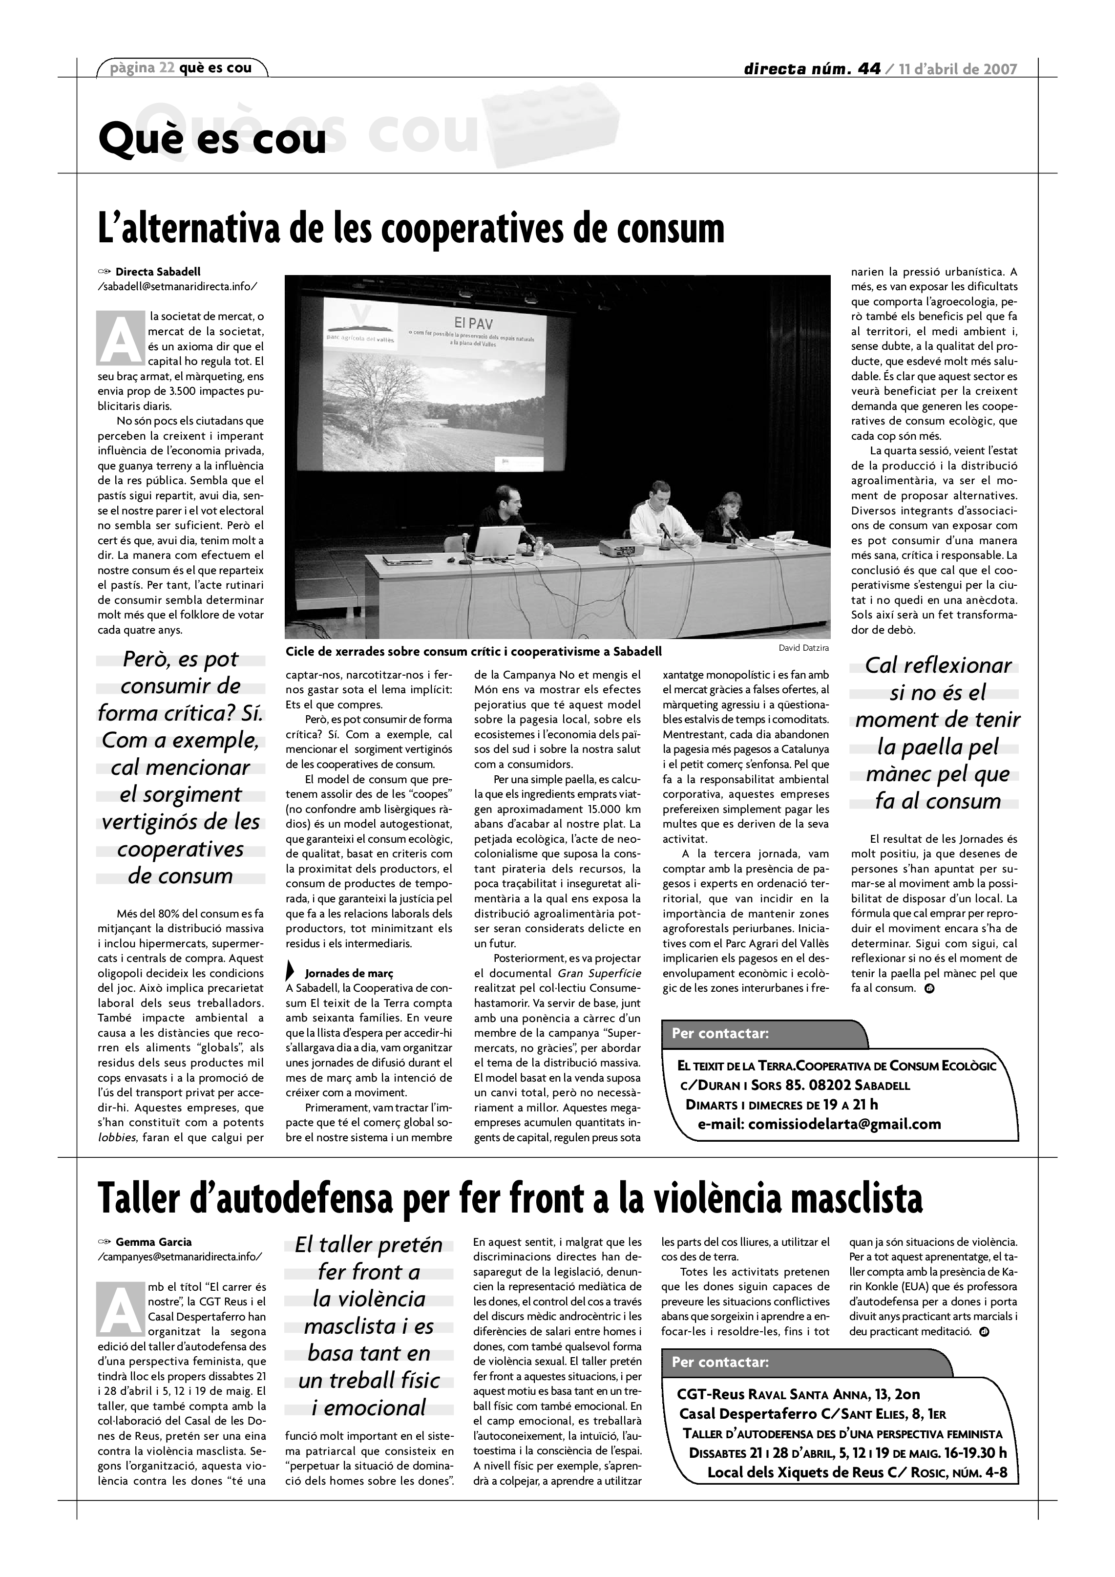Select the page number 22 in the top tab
click(166, 68)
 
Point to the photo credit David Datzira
click(803, 648)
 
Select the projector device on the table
click(620, 548)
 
